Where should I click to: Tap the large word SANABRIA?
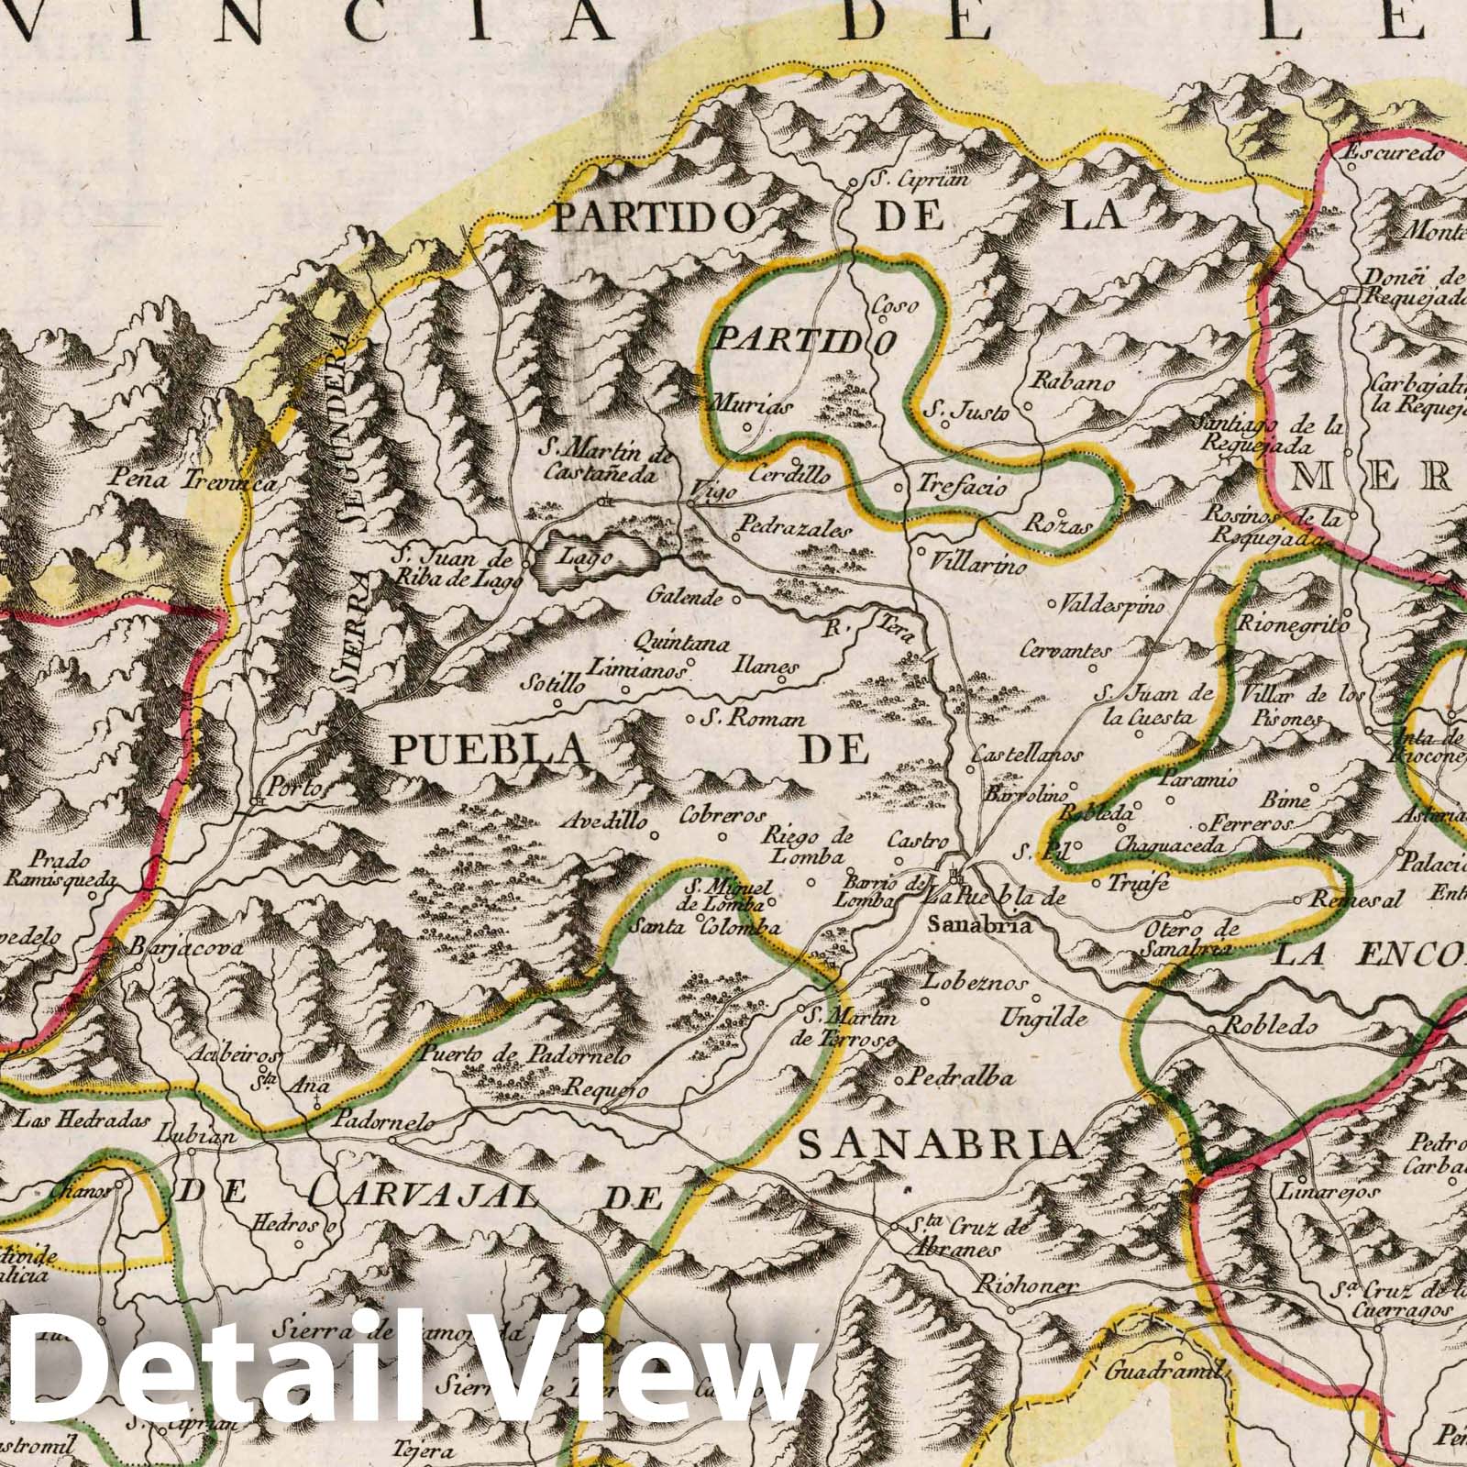click(937, 1145)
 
